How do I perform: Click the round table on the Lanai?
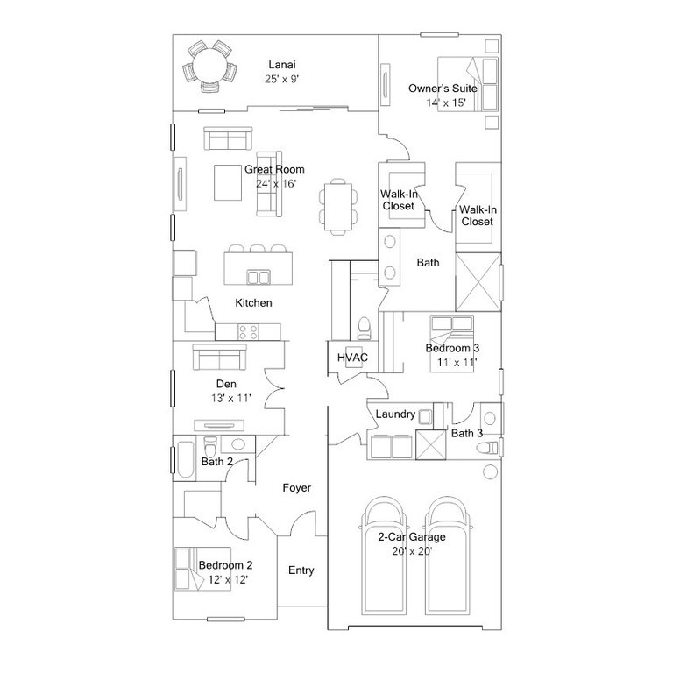pyautogui.click(x=210, y=66)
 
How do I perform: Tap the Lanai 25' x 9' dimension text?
pyautogui.click(x=282, y=79)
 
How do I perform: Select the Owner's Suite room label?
pyautogui.click(x=443, y=89)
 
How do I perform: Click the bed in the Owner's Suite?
pyautogui.click(x=467, y=84)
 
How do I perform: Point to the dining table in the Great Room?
pyautogui.click(x=337, y=207)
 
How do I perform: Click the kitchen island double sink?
pyautogui.click(x=259, y=277)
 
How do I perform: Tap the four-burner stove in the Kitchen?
pyautogui.click(x=249, y=332)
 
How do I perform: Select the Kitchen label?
pyautogui.click(x=253, y=303)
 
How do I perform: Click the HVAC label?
pyautogui.click(x=352, y=358)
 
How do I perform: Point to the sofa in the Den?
pyautogui.click(x=219, y=357)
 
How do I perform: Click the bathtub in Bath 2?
pyautogui.click(x=186, y=459)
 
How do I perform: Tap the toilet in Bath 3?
pyautogui.click(x=487, y=448)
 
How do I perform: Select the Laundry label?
pyautogui.click(x=395, y=414)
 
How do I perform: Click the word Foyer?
pyautogui.click(x=296, y=487)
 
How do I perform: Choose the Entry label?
pyautogui.click(x=301, y=570)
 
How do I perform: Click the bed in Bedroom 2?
pyautogui.click(x=202, y=569)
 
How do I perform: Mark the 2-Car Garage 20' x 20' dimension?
pyautogui.click(x=412, y=551)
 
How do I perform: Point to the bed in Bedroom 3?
pyautogui.click(x=452, y=344)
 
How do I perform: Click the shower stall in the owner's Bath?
pyautogui.click(x=478, y=282)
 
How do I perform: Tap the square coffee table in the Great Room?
pyautogui.click(x=228, y=182)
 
